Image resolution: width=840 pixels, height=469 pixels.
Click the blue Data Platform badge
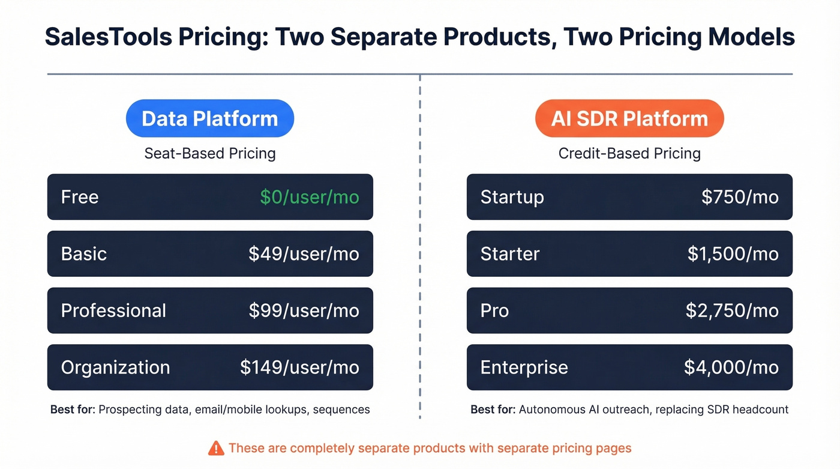click(x=210, y=118)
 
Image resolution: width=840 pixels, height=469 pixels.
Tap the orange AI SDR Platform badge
click(x=629, y=118)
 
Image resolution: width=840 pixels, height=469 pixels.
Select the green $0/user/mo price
click(x=310, y=197)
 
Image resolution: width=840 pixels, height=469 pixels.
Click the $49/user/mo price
click(x=304, y=253)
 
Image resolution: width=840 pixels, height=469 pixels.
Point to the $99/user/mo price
click(x=304, y=310)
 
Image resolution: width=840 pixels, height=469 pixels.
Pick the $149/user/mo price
click(x=300, y=368)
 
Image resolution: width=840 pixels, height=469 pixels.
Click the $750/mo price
click(x=740, y=197)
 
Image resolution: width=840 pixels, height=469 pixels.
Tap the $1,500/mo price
click(x=733, y=253)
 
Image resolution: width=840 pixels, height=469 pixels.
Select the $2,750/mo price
click(x=732, y=310)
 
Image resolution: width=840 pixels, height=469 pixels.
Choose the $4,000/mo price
click(x=731, y=368)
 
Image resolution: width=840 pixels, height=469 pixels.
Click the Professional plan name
click(x=113, y=310)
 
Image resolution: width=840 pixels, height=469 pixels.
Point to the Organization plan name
click(x=115, y=368)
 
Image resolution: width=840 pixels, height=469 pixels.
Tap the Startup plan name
click(x=512, y=197)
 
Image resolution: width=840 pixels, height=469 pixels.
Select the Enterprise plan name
click(x=524, y=368)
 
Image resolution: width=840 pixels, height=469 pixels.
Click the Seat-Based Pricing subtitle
click(x=210, y=153)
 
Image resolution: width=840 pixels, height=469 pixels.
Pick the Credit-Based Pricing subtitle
click(x=629, y=153)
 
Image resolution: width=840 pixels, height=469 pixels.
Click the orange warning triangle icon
click(x=215, y=448)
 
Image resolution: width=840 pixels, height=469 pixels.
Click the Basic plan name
click(x=84, y=253)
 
